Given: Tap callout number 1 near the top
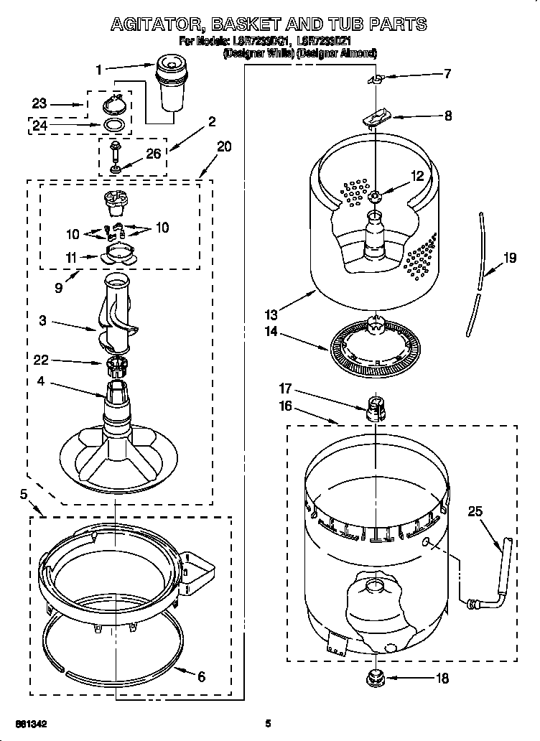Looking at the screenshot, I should (100, 70).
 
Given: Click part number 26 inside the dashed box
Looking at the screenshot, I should (153, 152).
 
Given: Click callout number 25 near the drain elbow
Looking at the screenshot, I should (475, 511).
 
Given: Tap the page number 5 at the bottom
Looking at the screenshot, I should (268, 724).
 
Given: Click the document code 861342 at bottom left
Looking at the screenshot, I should (33, 724).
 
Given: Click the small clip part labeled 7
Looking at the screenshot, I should (376, 77).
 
